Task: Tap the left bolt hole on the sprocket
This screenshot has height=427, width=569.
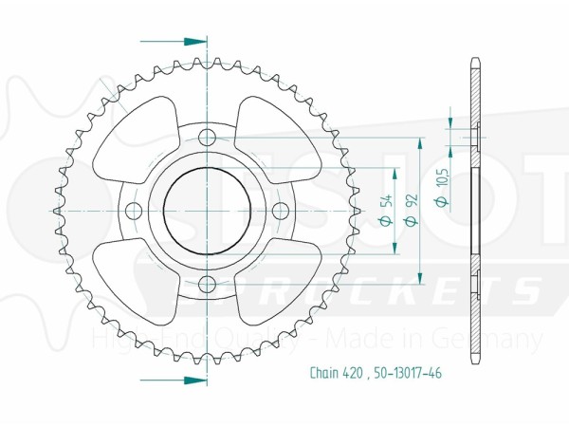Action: point(134,210)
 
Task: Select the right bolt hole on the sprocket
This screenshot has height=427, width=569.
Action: point(280,210)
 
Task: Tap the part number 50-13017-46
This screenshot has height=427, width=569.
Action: point(407,373)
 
